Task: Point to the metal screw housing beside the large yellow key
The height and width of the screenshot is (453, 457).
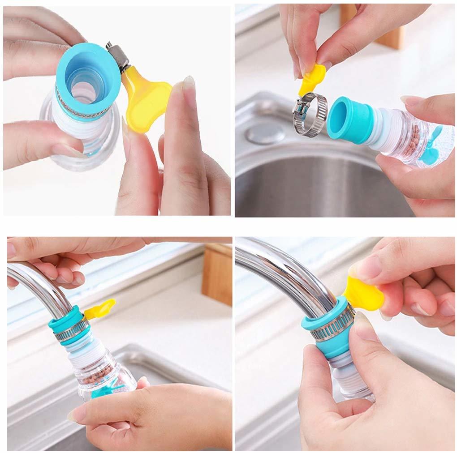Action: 118,56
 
